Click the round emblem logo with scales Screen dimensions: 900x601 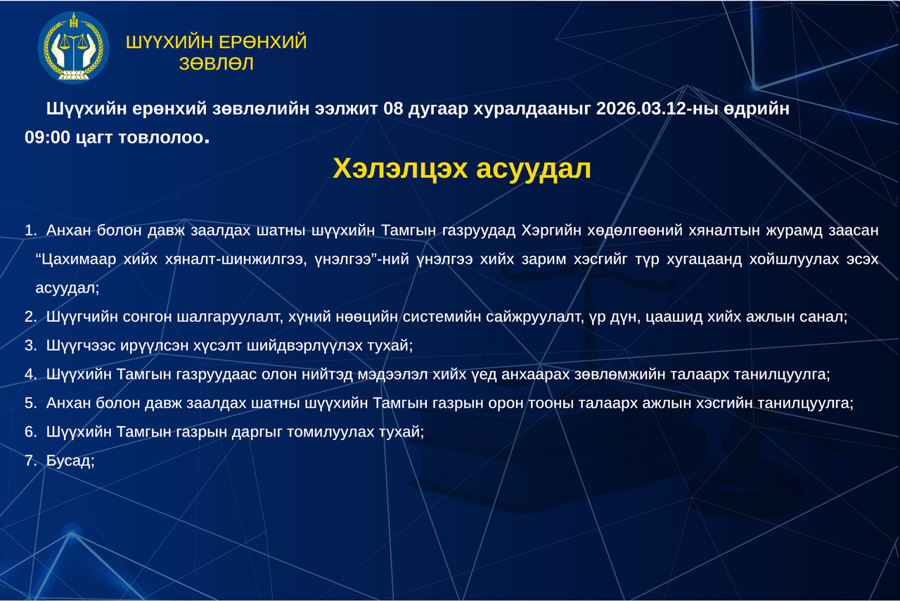[x=73, y=47]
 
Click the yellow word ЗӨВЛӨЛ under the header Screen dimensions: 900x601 [x=216, y=64]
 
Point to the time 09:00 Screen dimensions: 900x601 [x=47, y=137]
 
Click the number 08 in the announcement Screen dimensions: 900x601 [x=393, y=108]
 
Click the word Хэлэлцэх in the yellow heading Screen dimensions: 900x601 [x=400, y=169]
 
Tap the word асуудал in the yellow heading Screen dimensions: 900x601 [x=534, y=169]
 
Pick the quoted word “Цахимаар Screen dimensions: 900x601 [x=76, y=259]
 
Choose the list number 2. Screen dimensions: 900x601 [x=30, y=316]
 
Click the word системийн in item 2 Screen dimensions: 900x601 [x=442, y=316]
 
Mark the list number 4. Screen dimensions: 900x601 [x=30, y=374]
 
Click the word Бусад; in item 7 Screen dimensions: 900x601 [x=70, y=460]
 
